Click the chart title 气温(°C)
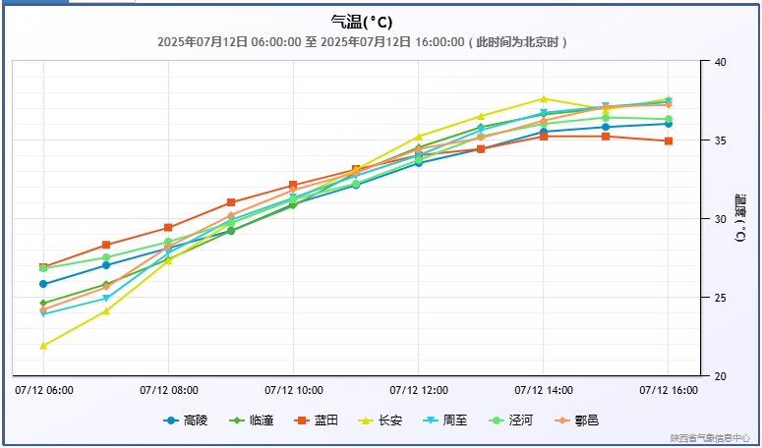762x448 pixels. (363, 22)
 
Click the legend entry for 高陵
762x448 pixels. (186, 420)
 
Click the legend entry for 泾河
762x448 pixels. (510, 420)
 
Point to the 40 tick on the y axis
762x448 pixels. (719, 62)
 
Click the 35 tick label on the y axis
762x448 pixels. (719, 140)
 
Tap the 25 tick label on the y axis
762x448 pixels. (719, 298)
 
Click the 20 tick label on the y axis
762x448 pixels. (719, 376)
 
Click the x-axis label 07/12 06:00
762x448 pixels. (44, 390)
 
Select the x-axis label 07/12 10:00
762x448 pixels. (294, 390)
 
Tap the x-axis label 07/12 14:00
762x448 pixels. (544, 390)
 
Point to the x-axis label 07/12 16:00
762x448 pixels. (669, 390)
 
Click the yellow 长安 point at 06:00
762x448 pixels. (43, 346)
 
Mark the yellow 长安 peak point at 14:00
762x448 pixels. (544, 98)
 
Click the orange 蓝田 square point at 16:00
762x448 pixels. (669, 141)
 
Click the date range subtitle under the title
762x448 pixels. (363, 42)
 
